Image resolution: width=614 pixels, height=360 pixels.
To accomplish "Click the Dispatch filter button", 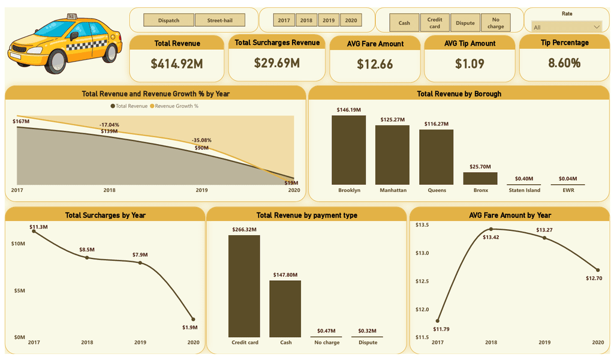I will [168, 20].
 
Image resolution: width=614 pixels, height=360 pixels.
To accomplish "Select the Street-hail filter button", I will [220, 20].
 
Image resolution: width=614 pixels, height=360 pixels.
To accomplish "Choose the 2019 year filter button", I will [329, 20].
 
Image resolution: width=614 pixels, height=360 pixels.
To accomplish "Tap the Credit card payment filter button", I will [435, 23].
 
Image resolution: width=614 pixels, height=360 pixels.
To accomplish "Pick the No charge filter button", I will [496, 23].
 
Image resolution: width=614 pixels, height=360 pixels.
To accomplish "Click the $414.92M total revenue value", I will [177, 64].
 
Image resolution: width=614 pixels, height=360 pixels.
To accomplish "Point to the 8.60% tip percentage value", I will [564, 63].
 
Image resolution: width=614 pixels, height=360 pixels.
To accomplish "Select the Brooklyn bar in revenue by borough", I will [348, 150].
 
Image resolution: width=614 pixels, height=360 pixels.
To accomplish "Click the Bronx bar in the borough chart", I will [480, 178].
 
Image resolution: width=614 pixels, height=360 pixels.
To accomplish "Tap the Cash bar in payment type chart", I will [285, 308].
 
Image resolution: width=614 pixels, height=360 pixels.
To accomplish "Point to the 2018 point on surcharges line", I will [87, 257].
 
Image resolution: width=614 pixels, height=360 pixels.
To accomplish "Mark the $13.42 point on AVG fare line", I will [491, 229].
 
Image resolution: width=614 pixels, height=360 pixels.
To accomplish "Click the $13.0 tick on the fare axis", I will [422, 253].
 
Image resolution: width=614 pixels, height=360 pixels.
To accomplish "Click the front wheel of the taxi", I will [56, 61].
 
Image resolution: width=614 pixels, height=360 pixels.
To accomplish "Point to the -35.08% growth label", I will [201, 140].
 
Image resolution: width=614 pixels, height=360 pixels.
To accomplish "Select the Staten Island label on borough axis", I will [525, 190].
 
